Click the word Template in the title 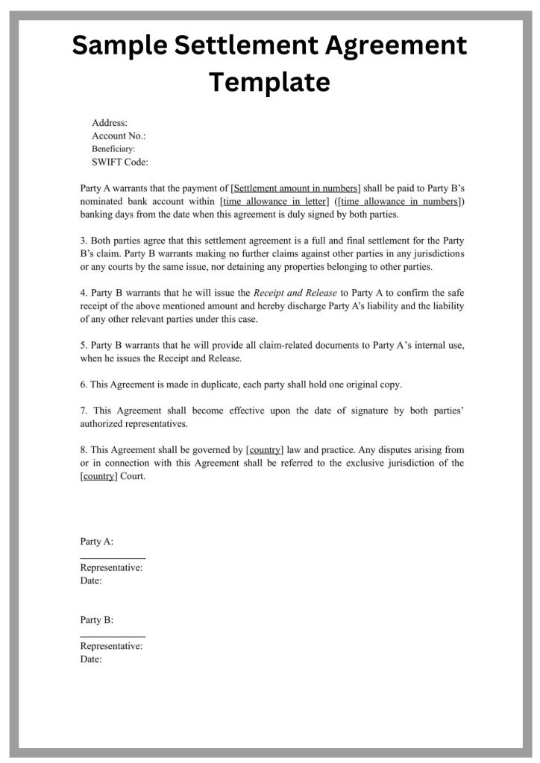tap(269, 82)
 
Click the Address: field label tap(110, 122)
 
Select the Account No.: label tap(119, 136)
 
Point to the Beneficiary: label tap(113, 149)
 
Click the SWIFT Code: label tap(120, 162)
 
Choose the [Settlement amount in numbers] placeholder tap(296, 188)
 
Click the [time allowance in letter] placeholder tap(274, 201)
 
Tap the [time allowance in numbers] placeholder tap(400, 201)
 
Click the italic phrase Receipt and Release tap(295, 293)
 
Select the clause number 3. tap(84, 241)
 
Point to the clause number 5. tap(84, 345)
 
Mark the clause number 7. tap(84, 411)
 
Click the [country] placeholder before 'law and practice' tap(265, 450)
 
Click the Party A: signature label tap(97, 542)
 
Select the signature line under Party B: tap(113, 636)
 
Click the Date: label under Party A tap(91, 580)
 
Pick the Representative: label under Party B tap(111, 646)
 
